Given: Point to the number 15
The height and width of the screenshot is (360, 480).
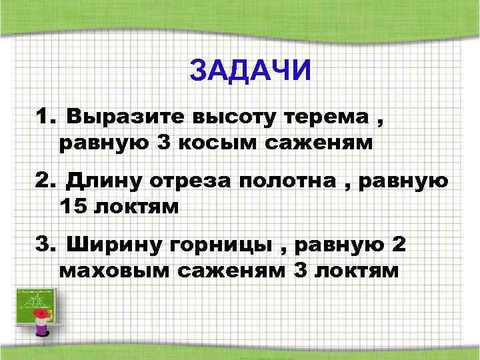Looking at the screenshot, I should coord(72,205).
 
